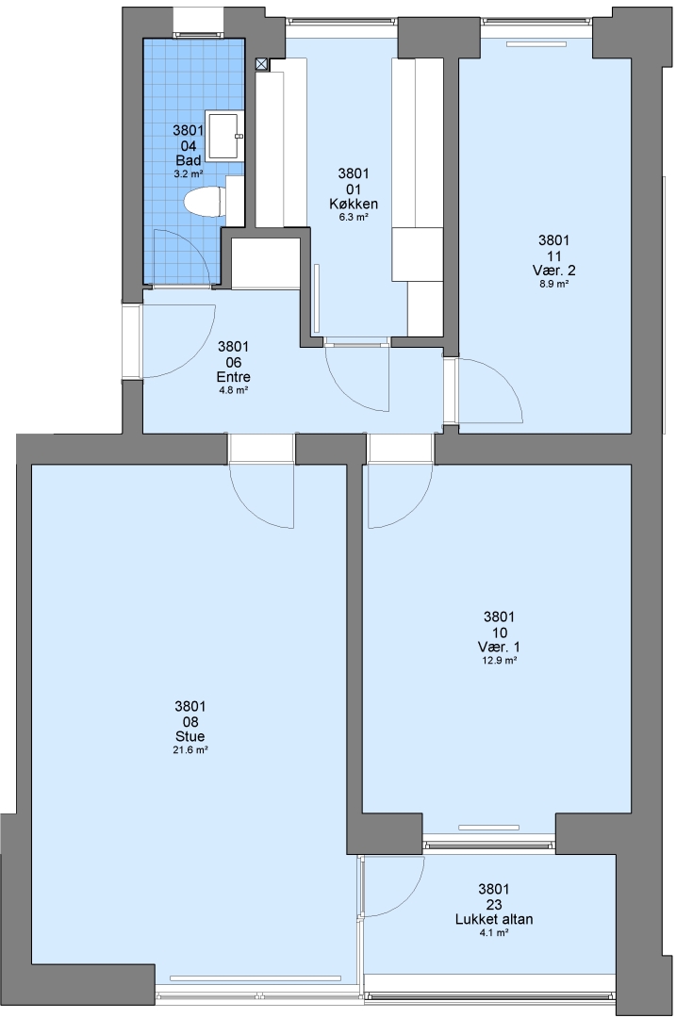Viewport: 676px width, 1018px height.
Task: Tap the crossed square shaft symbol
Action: [261, 64]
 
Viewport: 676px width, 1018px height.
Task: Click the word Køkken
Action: [354, 204]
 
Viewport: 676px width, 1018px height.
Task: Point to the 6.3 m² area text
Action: [354, 218]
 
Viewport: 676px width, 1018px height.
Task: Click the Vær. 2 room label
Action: [553, 271]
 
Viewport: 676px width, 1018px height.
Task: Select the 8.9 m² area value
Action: [554, 285]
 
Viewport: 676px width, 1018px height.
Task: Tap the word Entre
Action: [233, 377]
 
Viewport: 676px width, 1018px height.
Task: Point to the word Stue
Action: [190, 736]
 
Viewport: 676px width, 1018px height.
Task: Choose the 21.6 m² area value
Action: [190, 750]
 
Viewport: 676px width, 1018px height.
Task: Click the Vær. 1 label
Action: [499, 648]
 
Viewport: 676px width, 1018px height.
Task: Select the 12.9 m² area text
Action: [500, 661]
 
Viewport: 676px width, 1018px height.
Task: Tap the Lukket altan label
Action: [493, 919]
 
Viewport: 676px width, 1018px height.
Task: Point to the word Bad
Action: [189, 160]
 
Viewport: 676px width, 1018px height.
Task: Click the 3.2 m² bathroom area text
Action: [189, 174]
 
